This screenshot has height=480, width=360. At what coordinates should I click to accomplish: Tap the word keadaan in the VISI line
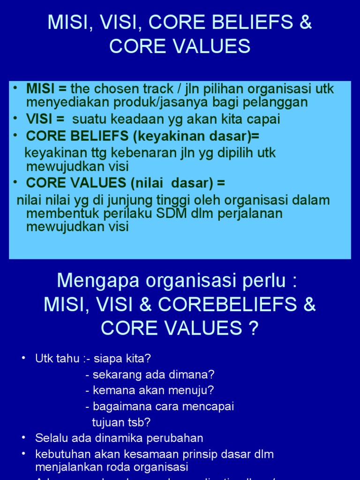[127, 119]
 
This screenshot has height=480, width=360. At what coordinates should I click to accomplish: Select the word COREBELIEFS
[228, 305]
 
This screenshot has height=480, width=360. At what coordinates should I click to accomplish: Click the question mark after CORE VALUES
[254, 329]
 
